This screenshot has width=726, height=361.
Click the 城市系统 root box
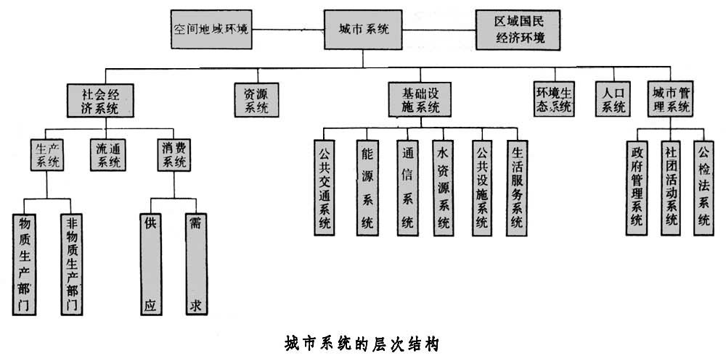364,30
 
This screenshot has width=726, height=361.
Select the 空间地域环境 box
211,30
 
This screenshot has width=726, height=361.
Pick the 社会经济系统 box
102,100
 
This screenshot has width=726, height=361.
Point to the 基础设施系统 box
420,100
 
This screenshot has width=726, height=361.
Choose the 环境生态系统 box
554,100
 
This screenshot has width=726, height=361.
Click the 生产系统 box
48,154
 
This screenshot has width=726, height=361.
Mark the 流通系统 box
108,154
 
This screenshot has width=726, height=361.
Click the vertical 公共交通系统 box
325,187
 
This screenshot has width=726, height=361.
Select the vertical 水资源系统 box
443,187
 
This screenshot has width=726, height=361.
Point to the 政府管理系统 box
636,187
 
